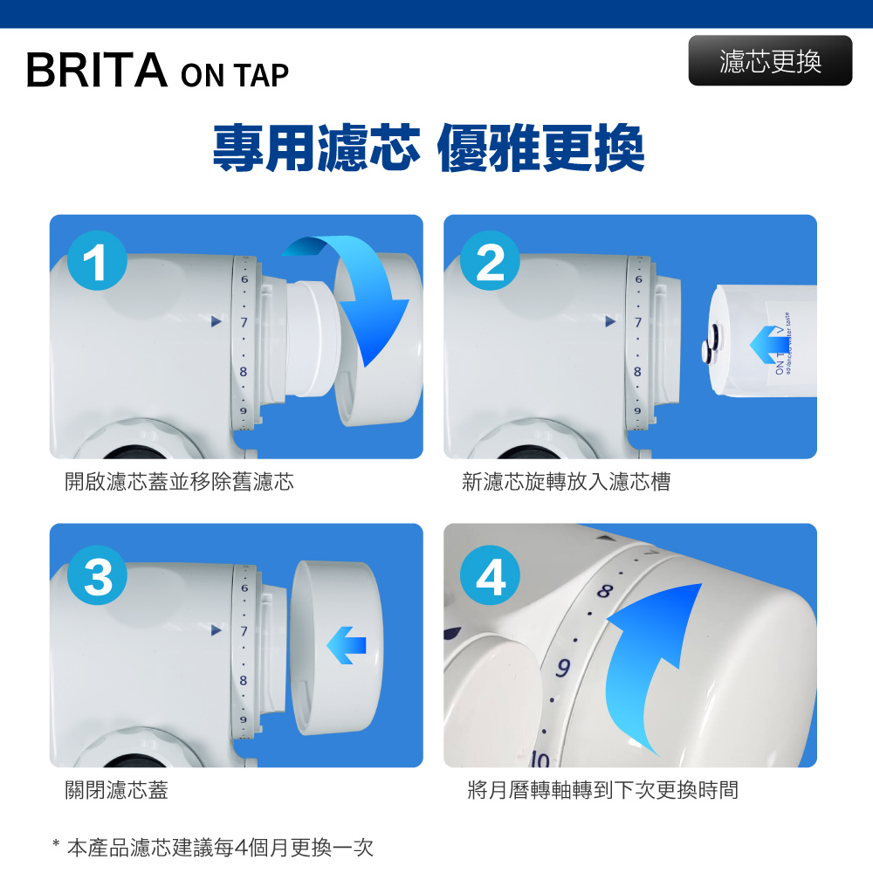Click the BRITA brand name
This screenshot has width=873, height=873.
tap(96, 70)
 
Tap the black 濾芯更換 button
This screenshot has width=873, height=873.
tap(770, 61)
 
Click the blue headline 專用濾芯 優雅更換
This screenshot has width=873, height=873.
tap(429, 148)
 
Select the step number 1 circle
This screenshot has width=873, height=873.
tap(97, 260)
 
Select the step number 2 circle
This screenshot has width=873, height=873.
tap(490, 260)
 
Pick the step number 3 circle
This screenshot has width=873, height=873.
tap(97, 575)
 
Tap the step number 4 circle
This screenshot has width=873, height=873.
tap(490, 575)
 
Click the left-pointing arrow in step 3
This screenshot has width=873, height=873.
tap(347, 645)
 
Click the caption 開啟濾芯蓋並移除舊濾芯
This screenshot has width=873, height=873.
tap(179, 482)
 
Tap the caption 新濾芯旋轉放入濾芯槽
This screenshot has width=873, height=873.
tap(567, 482)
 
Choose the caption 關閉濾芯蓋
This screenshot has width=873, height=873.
tap(116, 789)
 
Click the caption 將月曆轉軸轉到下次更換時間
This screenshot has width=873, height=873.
tap(603, 789)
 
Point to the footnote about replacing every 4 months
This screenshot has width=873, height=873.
tap(213, 848)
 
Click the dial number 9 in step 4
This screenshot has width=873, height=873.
tap(563, 667)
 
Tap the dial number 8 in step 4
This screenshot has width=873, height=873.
tap(605, 590)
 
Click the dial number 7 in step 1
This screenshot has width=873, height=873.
tap(244, 322)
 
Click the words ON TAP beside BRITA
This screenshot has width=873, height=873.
tap(235, 75)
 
